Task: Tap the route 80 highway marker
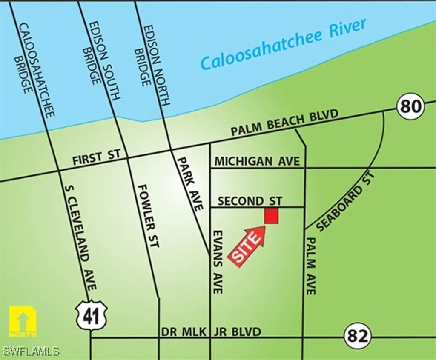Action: [x=411, y=107]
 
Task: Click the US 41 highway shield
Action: [x=91, y=316]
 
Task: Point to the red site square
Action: [x=272, y=216]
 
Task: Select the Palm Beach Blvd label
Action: [x=284, y=123]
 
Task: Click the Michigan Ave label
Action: [x=257, y=161]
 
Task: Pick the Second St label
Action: [x=250, y=201]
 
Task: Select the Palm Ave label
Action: [x=311, y=266]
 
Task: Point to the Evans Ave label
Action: [x=217, y=261]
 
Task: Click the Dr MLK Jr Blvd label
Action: [x=211, y=332]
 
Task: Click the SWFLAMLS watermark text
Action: [x=31, y=351]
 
